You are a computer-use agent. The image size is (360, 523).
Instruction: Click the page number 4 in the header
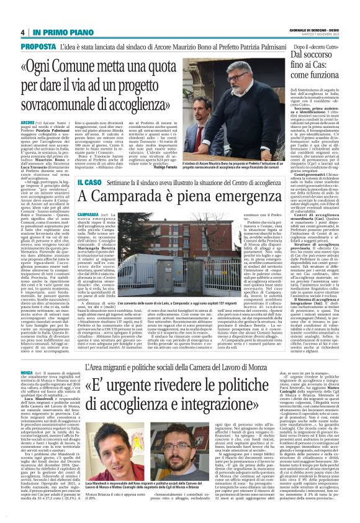(x=22, y=33)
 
